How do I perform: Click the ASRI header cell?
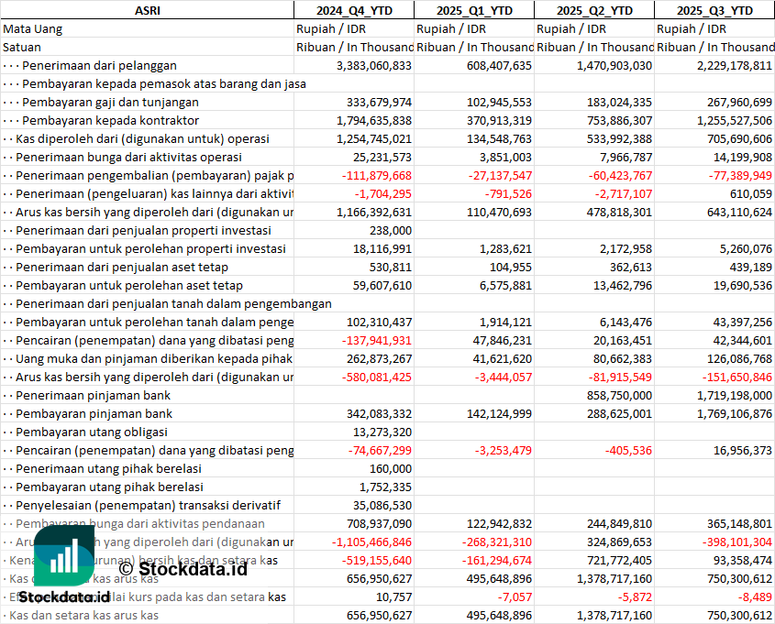point(147,10)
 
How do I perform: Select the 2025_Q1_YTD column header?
point(474,10)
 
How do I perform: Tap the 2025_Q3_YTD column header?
point(714,10)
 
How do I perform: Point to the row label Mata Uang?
point(32,28)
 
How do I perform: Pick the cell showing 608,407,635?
point(499,65)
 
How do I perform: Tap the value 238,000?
point(390,230)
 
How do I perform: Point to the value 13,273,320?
point(382,432)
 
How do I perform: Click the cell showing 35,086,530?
point(382,505)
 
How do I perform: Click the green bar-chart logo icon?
point(63,559)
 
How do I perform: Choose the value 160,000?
point(390,468)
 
